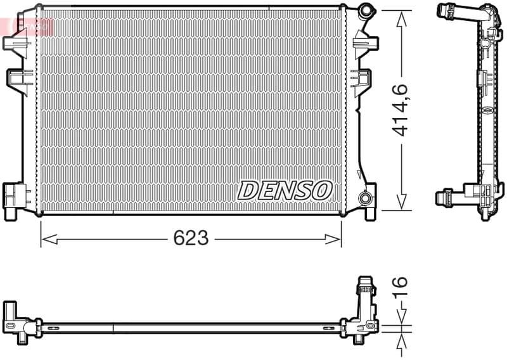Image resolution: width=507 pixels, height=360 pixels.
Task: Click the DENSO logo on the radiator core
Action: click(285, 190)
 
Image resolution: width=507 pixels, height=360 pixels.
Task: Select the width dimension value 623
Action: click(191, 238)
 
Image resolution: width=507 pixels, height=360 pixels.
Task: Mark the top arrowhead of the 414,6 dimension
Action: click(401, 16)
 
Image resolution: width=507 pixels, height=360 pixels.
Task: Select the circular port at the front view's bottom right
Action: click(366, 198)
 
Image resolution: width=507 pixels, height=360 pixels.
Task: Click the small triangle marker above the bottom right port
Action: click(360, 176)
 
